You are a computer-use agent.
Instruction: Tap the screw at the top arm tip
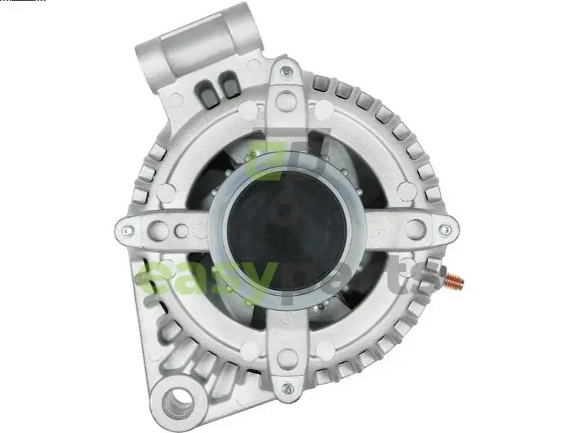tap(285, 71)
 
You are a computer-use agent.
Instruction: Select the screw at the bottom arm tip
tap(287, 388)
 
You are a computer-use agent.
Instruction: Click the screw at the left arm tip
tap(127, 231)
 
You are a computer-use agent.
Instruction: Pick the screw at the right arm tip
tap(446, 230)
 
